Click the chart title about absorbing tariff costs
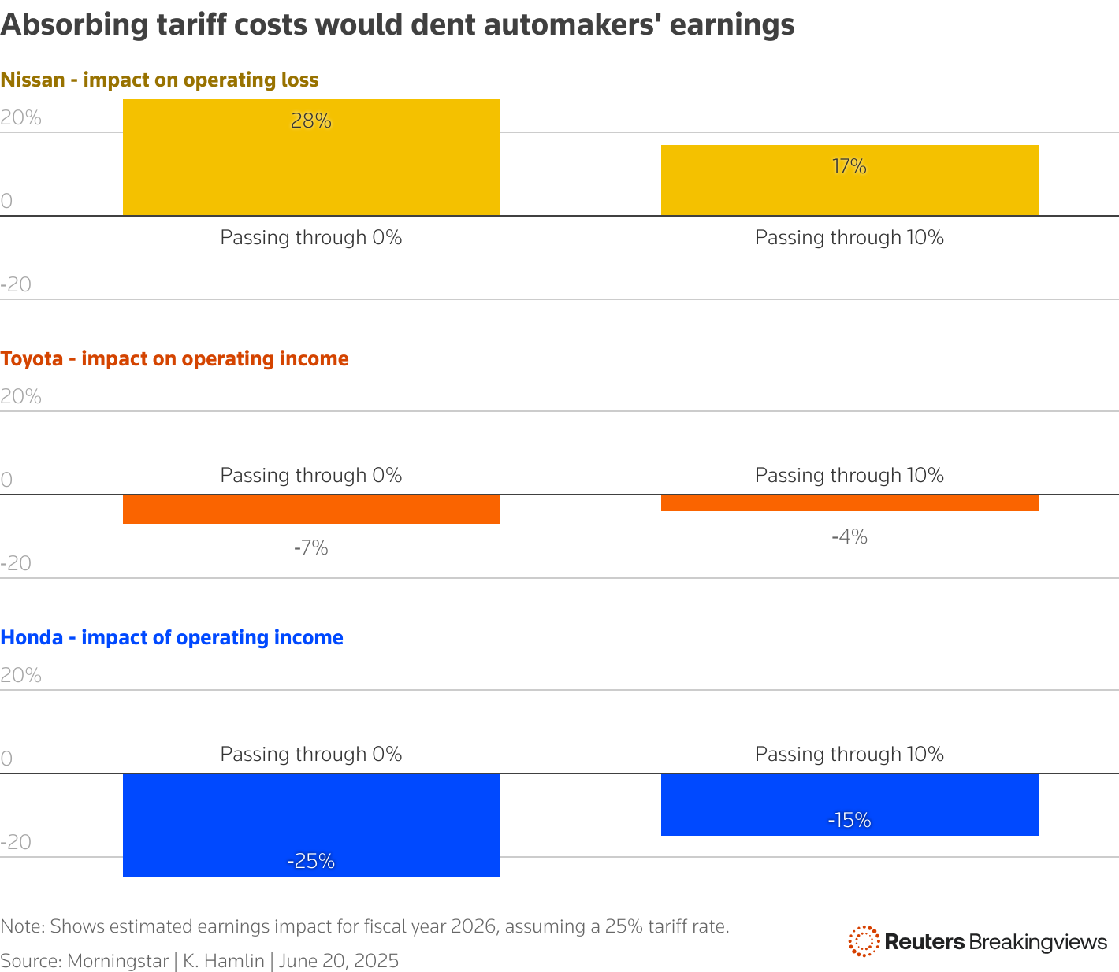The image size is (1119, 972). tap(397, 25)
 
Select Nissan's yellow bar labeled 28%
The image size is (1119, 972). tap(311, 158)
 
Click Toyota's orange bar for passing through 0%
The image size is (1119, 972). tap(311, 509)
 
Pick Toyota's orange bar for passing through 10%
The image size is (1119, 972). tap(849, 503)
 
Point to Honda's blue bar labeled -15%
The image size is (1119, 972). tap(849, 804)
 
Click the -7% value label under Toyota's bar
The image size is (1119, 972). tap(310, 547)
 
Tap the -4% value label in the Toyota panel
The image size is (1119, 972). tap(849, 536)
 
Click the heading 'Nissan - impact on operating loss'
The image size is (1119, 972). tap(159, 80)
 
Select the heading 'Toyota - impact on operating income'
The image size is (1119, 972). tap(174, 358)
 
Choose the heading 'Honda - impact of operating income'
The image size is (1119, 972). tap(172, 637)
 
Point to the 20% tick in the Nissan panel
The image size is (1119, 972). tap(21, 118)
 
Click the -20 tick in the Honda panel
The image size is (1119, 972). tap(16, 842)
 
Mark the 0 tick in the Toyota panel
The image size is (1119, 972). tap(6, 480)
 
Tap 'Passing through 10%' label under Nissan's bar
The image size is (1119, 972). tap(849, 237)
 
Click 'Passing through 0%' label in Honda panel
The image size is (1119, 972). tap(310, 754)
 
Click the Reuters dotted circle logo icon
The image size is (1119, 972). tap(864, 941)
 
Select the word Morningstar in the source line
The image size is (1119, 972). tap(117, 961)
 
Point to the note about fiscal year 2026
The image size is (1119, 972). tap(364, 926)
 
